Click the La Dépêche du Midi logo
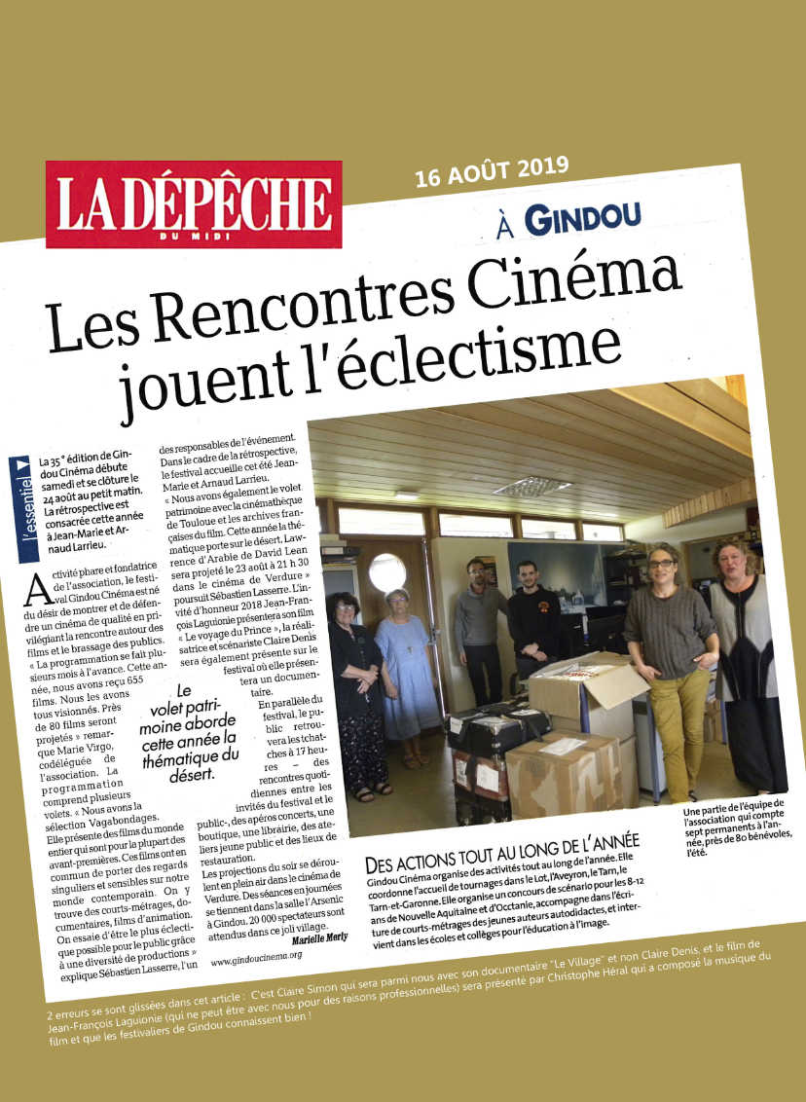tap(194, 203)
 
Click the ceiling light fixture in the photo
tap(531, 486)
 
